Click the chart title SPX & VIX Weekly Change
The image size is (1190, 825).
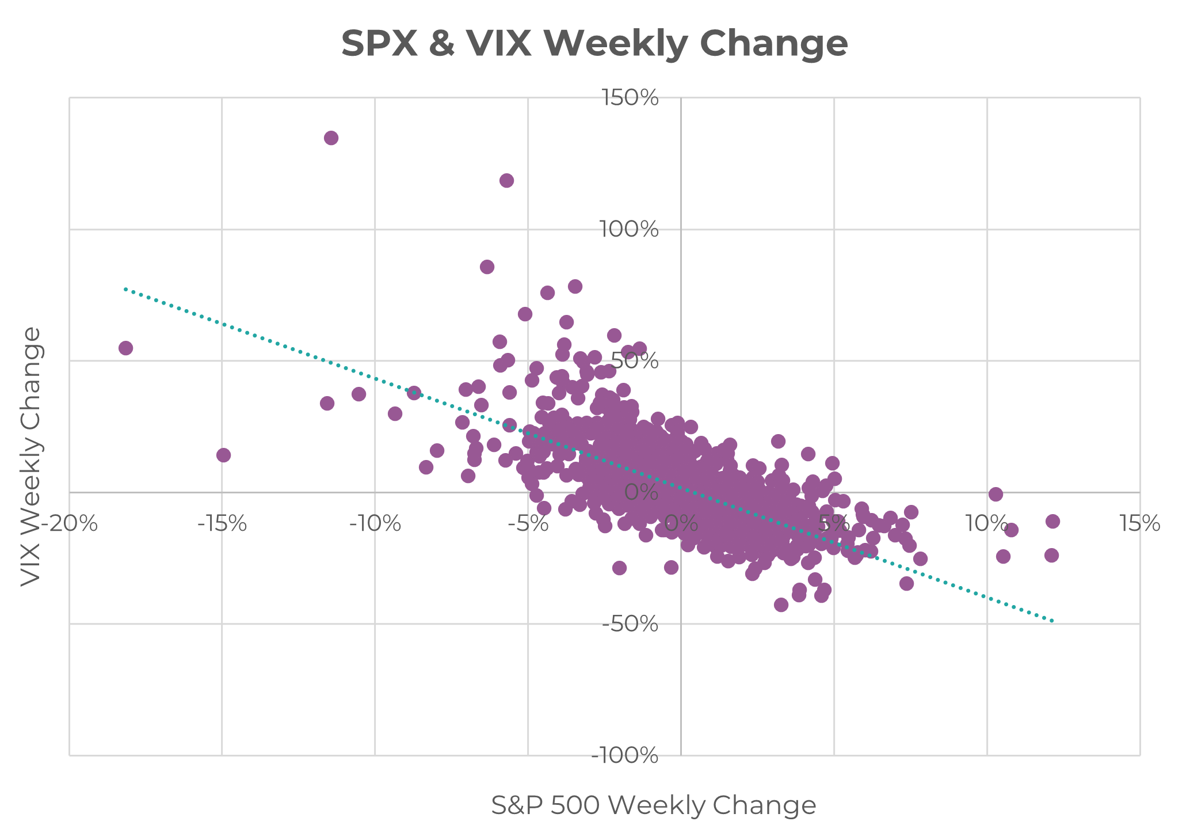[x=594, y=44]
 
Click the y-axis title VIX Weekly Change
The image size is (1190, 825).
[x=31, y=457]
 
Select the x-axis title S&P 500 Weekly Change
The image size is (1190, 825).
[x=653, y=805]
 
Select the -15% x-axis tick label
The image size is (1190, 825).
[x=222, y=524]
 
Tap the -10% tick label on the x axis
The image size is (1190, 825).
[x=375, y=524]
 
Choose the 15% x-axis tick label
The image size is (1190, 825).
[x=1139, y=524]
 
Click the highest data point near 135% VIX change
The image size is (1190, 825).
[x=331, y=138]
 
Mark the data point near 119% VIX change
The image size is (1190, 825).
[x=506, y=181]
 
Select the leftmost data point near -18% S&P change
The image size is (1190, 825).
[x=125, y=348]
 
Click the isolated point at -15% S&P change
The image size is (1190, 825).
[x=223, y=455]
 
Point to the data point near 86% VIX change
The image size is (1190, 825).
[x=487, y=267]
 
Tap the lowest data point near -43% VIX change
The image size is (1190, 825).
[x=781, y=605]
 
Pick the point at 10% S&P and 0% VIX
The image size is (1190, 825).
[x=996, y=494]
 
